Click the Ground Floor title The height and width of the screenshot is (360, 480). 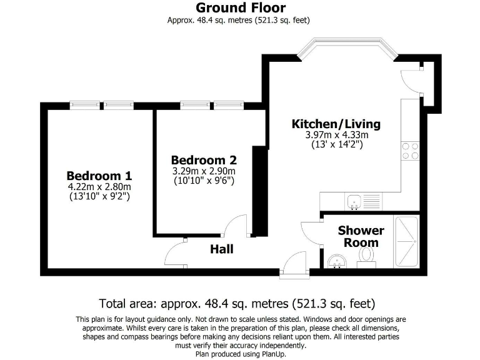click(241, 8)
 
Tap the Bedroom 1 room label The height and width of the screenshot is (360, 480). click(99, 175)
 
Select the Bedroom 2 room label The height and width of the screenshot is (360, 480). click(204, 159)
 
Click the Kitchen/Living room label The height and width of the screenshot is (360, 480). click(336, 124)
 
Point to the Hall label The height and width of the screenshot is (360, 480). click(221, 249)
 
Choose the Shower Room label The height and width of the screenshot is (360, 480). click(361, 236)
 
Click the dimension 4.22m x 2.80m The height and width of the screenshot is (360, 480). click(99, 186)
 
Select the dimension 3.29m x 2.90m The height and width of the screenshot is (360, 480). click(204, 171)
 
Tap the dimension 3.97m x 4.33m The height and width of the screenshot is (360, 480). click(336, 135)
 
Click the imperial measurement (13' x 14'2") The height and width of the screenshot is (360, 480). click(336, 144)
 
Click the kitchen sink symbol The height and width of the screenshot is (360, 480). click(354, 202)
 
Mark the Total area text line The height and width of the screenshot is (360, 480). click(239, 304)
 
